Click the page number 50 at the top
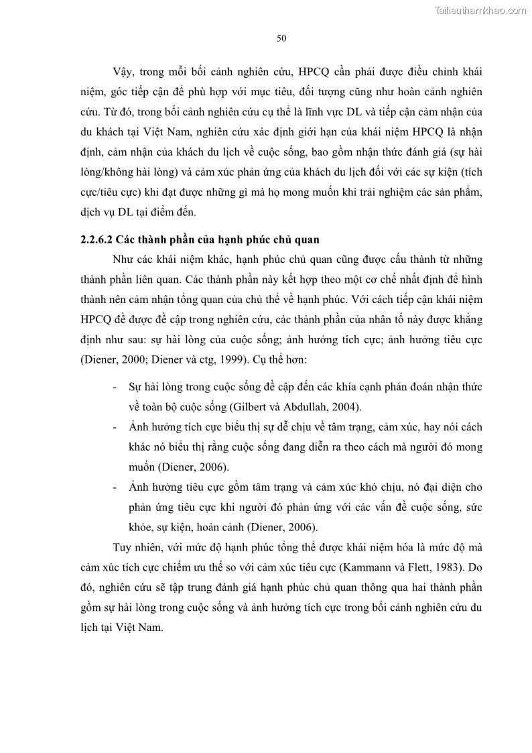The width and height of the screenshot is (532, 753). [281, 38]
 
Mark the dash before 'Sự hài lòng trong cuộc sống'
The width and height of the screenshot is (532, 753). [113, 387]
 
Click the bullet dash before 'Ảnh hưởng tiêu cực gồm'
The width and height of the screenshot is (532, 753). [113, 486]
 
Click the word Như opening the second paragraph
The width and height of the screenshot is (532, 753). [124, 259]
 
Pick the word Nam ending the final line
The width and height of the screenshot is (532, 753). [151, 630]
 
